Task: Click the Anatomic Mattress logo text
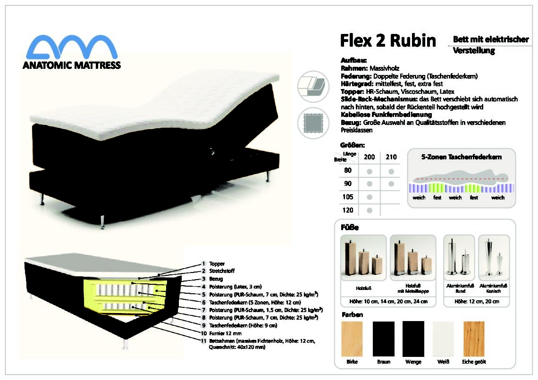coord(72,65)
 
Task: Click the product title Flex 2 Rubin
coord(388,41)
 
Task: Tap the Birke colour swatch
coord(352,339)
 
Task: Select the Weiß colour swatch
coord(443,339)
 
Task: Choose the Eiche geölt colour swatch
coord(474,339)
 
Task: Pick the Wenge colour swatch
coord(413,339)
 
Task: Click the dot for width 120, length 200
coord(370,210)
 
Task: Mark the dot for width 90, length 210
coord(391,184)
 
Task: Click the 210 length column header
coord(391,157)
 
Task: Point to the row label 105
coord(347,197)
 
